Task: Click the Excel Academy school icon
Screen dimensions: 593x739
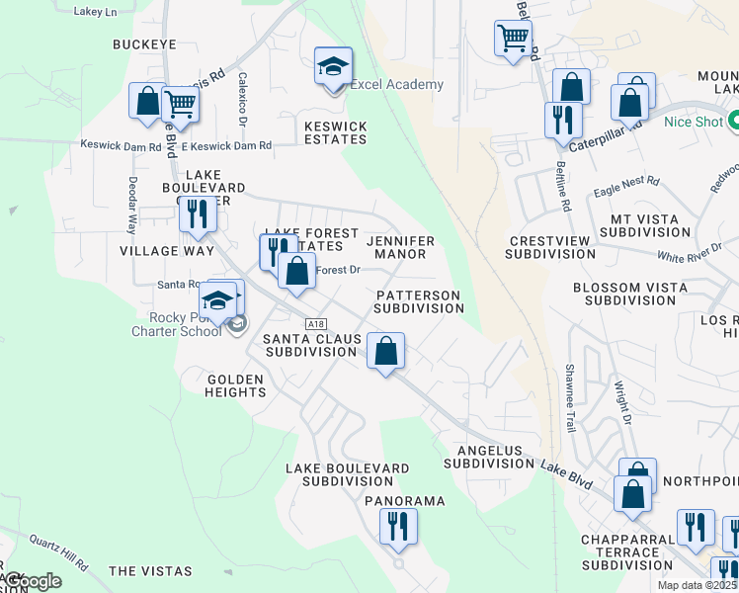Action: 334,67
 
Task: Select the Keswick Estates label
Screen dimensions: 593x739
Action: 336,132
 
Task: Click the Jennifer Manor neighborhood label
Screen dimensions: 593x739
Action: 401,247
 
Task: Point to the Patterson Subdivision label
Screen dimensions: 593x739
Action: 419,301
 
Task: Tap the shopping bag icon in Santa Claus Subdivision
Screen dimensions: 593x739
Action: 385,351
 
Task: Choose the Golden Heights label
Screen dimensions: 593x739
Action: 236,385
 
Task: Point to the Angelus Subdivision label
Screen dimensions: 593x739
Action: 482,456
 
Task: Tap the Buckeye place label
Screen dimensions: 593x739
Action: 144,44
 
